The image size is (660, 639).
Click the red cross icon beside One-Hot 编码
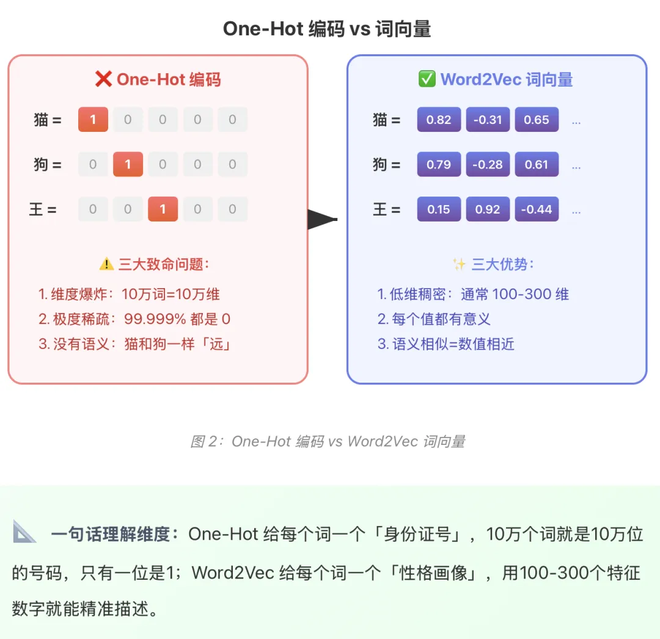click(103, 79)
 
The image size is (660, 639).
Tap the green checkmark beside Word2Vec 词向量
click(427, 79)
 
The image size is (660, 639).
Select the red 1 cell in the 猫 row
click(93, 120)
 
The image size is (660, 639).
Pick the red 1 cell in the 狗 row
click(128, 164)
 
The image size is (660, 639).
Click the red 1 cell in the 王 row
click(163, 209)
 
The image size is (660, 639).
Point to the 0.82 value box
click(439, 120)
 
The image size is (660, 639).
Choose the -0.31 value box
click(488, 120)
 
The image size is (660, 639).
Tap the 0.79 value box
click(439, 164)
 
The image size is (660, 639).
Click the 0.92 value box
click(488, 209)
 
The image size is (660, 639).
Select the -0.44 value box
click(537, 209)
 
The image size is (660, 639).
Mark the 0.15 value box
click(439, 209)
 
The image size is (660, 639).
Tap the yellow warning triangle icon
click(106, 264)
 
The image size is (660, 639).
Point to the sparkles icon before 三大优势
click(459, 264)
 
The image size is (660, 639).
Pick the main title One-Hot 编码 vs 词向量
click(327, 29)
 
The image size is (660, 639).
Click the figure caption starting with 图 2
click(328, 441)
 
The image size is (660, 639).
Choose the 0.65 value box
click(537, 120)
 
